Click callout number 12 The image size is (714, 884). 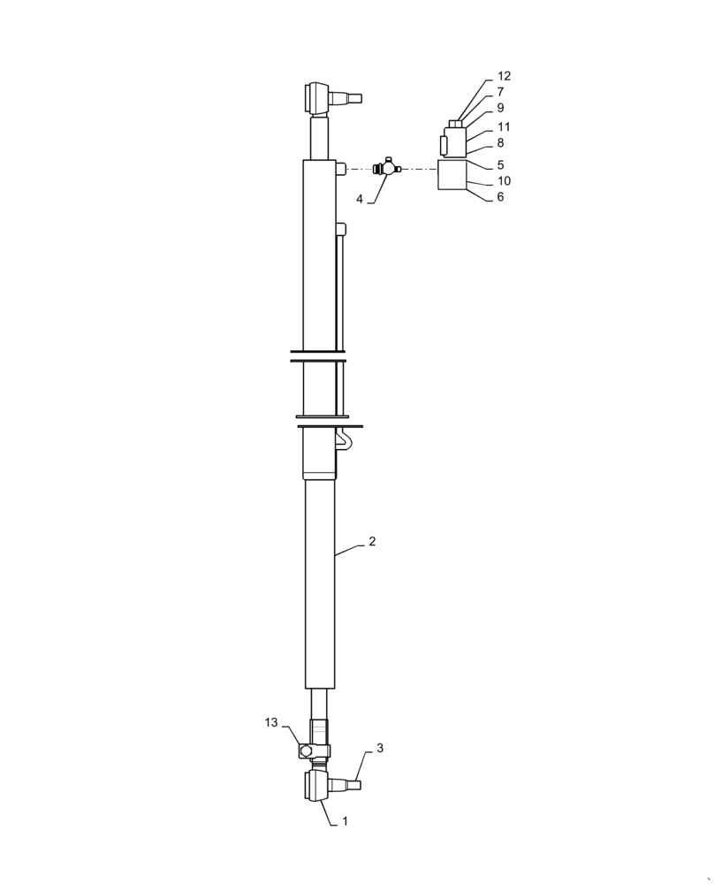click(x=504, y=76)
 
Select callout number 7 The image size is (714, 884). click(x=500, y=92)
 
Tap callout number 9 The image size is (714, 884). click(x=500, y=108)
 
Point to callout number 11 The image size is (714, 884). click(x=504, y=127)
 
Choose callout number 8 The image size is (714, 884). click(x=500, y=143)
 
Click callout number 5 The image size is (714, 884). click(x=500, y=164)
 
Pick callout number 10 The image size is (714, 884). click(x=504, y=181)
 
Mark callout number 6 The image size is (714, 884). click(x=500, y=197)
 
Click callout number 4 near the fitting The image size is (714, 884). click(x=360, y=200)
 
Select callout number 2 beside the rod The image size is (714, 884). click(x=372, y=542)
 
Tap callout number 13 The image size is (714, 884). click(x=271, y=723)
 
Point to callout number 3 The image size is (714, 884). click(x=380, y=748)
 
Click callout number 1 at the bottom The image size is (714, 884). click(x=345, y=821)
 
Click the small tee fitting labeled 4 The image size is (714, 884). click(x=388, y=167)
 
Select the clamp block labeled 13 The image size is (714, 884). click(x=314, y=751)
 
